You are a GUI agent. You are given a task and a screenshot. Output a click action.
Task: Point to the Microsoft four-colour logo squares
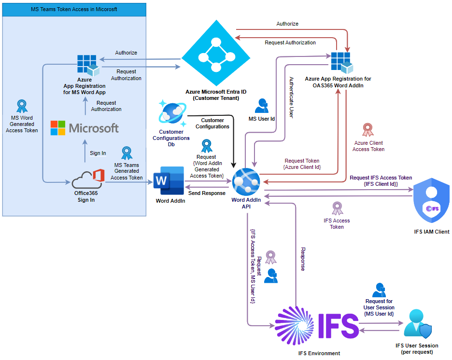point(58,128)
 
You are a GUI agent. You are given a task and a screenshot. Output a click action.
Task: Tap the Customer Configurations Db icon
point(171,113)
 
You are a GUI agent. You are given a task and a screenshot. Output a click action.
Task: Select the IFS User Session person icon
point(417,323)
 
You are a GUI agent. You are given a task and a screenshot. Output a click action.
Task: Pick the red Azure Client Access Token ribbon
point(368,130)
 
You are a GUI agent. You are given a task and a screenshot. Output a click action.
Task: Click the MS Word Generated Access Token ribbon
point(22,106)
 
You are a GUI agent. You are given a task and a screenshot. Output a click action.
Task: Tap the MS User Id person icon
point(262,106)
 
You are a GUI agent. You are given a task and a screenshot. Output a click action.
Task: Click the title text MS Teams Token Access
point(73,9)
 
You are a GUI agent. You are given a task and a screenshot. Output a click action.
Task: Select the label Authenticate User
point(291,97)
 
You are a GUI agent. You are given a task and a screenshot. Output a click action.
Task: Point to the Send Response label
point(207,193)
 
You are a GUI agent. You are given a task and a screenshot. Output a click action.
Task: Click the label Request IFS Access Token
point(381,178)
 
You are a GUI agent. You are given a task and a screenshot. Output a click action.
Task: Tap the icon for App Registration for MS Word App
point(87,65)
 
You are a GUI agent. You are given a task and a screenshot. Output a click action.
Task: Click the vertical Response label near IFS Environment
point(303,259)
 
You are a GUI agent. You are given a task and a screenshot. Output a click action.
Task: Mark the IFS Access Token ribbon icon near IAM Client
point(337,208)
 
